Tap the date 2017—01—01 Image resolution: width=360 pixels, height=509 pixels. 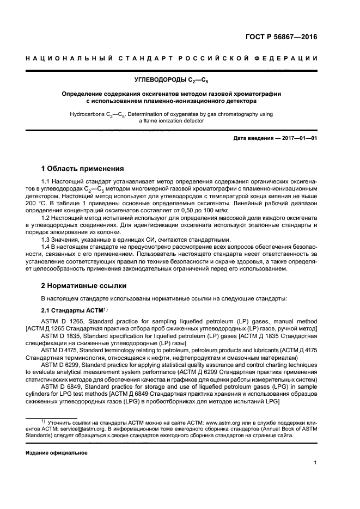[x=299, y=138]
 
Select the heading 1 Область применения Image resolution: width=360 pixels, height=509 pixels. [x=83, y=168]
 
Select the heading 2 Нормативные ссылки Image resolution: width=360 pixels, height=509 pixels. [x=83, y=285]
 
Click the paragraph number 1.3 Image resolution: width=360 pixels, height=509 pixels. [x=46, y=240]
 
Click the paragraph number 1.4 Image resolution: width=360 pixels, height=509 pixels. [x=46, y=248]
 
